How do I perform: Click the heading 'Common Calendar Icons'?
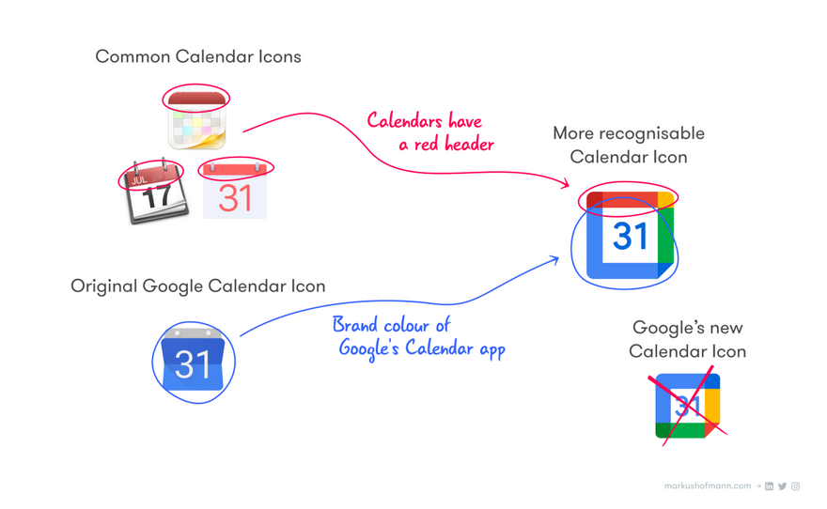198,57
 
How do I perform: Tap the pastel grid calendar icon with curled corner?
197,120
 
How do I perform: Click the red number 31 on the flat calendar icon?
235,197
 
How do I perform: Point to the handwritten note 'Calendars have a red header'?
430,131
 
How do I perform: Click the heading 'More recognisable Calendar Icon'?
629,145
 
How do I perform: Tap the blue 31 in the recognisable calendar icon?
631,236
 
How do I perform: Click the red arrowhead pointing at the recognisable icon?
565,183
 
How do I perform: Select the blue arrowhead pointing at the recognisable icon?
554,260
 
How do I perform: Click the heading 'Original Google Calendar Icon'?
197,286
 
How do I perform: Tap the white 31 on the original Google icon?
193,364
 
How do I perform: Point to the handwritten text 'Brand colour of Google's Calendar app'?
419,337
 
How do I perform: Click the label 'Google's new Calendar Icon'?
687,339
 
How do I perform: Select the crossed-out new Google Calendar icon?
688,406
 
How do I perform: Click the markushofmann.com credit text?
708,486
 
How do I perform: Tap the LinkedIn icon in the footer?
769,486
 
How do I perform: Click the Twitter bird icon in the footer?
782,486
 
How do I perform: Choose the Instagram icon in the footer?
795,486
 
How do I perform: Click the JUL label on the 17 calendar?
139,180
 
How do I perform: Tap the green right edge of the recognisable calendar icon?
665,235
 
